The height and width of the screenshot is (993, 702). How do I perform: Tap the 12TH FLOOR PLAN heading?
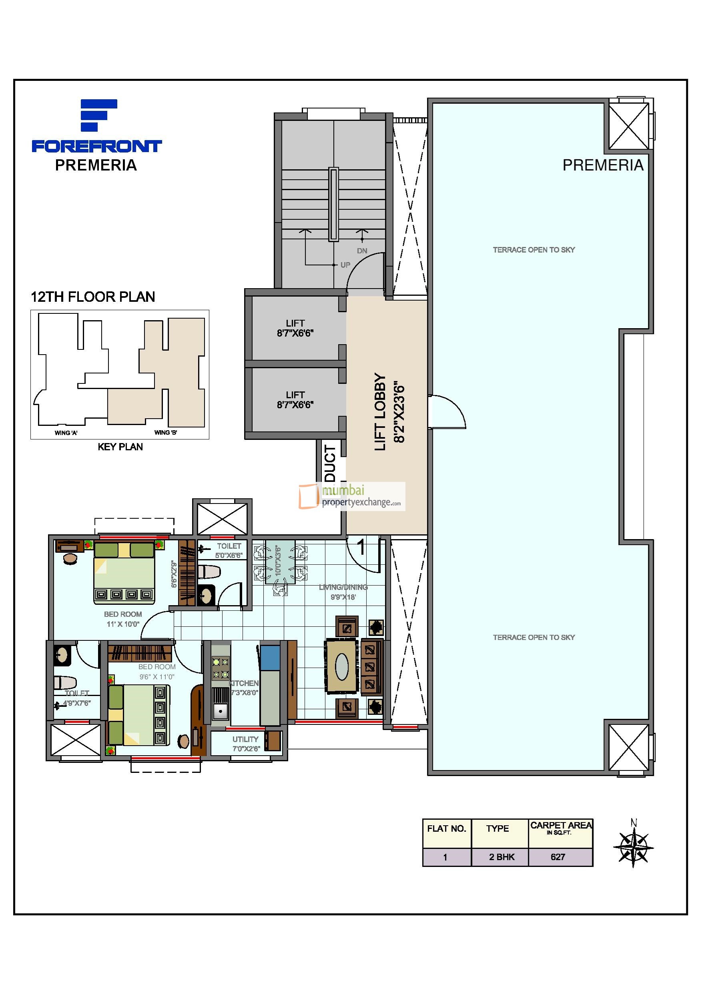point(92,297)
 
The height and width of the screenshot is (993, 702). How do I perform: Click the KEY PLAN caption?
point(120,447)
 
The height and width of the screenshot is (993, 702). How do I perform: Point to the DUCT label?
point(330,463)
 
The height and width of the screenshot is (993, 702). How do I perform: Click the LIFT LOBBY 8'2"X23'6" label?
point(389,412)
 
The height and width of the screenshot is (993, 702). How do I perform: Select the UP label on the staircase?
point(345,265)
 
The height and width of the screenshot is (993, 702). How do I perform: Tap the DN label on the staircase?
point(362,251)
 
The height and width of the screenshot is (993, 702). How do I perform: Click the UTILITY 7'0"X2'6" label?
point(245,744)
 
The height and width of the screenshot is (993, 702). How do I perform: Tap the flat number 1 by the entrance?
point(361,547)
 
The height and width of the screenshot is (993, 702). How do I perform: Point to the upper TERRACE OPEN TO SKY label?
point(534,249)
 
